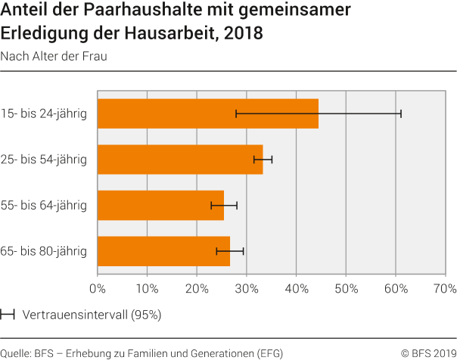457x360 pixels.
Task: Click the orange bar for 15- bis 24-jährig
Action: coord(208,113)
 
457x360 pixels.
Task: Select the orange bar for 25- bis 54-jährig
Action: coord(180,160)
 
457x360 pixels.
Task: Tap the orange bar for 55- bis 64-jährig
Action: coord(160,205)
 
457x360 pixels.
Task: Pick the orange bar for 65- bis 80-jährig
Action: coord(163,250)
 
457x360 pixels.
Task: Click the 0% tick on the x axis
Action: coord(98,288)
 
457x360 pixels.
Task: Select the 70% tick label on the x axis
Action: coord(444,288)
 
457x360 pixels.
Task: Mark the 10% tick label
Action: coord(147,288)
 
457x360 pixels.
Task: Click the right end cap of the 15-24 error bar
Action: coord(401,113)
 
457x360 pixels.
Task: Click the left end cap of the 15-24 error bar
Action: coord(236,113)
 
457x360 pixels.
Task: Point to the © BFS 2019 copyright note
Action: coord(427,352)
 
